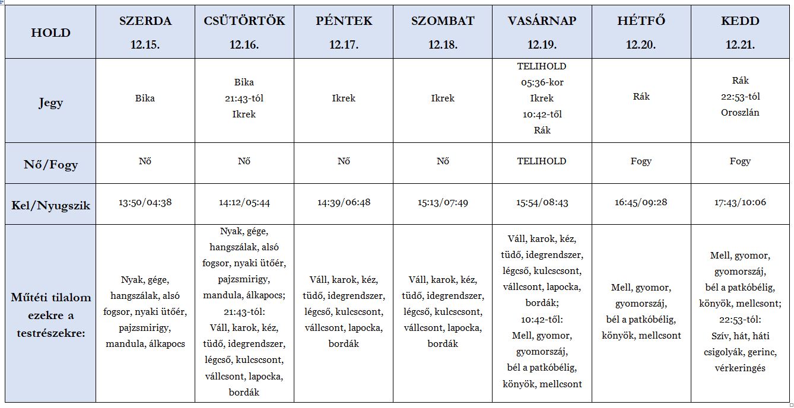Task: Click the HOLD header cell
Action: (50, 33)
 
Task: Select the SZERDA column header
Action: (145, 21)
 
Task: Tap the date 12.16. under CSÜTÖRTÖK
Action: (244, 45)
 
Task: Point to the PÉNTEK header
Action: (344, 21)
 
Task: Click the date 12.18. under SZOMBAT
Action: (443, 45)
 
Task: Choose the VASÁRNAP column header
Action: (542, 21)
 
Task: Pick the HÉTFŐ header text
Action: (641, 21)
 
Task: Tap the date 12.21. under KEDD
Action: (740, 45)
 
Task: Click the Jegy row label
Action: (50, 103)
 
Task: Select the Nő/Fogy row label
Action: (50, 164)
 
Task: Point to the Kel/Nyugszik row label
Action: (50, 205)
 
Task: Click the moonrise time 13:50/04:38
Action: (145, 203)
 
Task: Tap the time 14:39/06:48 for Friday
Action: (344, 203)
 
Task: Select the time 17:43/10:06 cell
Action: (740, 202)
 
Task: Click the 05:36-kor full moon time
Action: (542, 82)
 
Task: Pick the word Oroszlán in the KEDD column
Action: (740, 113)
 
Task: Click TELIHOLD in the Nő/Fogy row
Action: (542, 161)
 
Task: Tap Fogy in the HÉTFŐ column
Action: (641, 161)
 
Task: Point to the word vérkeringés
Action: (740, 368)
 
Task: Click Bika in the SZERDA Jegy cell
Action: (145, 98)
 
